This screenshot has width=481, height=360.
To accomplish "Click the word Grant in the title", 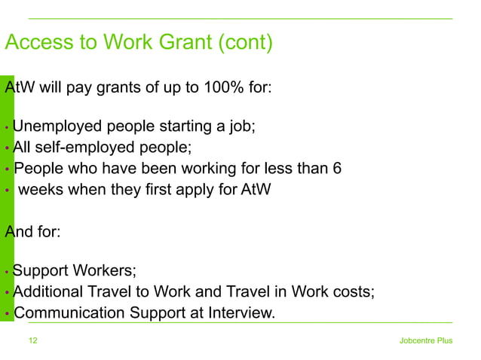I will pos(179,43).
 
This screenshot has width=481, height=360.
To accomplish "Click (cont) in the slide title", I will pos(244,43).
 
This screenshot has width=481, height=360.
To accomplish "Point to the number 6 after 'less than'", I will pos(337,167).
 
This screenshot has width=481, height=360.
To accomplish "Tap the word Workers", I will pos(106,270).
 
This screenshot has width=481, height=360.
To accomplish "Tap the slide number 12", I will pos(32,340).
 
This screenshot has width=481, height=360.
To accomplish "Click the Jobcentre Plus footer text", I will pos(426,340).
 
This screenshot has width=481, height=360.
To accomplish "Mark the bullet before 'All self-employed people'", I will pos(7,147).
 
